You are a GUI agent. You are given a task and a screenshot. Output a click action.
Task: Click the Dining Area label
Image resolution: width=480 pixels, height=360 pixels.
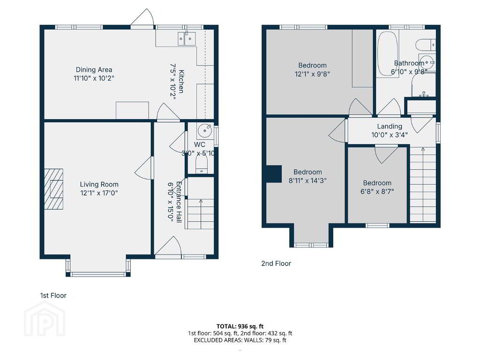point(94,70)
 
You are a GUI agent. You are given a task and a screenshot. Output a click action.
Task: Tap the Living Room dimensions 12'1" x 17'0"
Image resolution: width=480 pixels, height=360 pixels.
point(99,193)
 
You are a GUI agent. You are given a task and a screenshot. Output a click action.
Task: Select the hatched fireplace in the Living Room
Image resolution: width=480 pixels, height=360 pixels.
point(54,189)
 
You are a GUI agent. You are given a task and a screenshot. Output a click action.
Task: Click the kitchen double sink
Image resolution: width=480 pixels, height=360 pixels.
point(187,38)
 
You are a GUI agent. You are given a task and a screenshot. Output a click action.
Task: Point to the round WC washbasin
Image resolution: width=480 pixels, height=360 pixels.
point(204,131)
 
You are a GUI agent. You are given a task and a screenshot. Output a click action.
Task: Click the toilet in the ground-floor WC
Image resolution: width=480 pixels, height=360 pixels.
point(202,165)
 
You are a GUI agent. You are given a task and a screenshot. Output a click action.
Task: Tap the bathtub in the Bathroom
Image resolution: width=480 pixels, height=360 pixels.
point(388,53)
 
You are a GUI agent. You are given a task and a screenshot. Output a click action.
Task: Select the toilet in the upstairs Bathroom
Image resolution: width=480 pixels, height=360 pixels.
point(426,45)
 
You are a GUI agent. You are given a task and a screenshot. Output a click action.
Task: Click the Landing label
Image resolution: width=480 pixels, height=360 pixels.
point(390,126)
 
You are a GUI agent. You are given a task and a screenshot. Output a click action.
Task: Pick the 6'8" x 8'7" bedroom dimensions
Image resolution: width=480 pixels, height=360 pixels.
point(377,192)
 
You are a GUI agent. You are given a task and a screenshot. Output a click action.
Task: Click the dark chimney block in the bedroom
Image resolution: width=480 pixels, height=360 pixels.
point(274,174)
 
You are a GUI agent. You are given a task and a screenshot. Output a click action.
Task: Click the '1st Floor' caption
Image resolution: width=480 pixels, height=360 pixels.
point(53,295)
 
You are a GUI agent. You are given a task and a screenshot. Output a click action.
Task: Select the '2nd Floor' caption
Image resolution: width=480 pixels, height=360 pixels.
point(276,263)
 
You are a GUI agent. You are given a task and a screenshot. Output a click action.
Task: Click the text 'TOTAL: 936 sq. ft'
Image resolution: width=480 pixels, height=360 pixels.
point(240,326)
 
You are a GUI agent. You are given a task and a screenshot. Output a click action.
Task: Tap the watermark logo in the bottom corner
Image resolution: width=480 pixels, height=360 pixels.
point(45,318)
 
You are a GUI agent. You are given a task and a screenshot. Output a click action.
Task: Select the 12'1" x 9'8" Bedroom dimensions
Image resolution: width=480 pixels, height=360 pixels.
point(312,74)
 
